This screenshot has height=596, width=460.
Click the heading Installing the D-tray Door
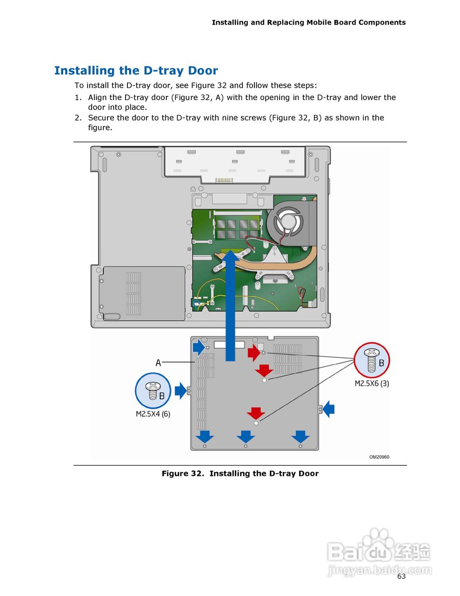click(136, 71)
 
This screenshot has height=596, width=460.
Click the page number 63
click(401, 576)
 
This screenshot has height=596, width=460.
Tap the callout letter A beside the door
click(158, 362)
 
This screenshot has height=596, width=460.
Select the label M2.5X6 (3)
click(372, 384)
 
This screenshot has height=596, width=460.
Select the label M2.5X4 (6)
click(153, 414)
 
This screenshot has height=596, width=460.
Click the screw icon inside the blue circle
click(153, 391)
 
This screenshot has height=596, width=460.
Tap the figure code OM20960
click(379, 457)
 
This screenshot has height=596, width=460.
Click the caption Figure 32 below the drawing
click(240, 474)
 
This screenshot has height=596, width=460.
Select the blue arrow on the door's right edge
click(329, 409)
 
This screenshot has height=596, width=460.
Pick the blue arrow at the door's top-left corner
click(199, 347)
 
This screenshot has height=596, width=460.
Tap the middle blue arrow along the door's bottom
click(246, 437)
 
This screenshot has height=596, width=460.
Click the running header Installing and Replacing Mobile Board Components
click(308, 22)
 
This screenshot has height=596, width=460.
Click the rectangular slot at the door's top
click(229, 345)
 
